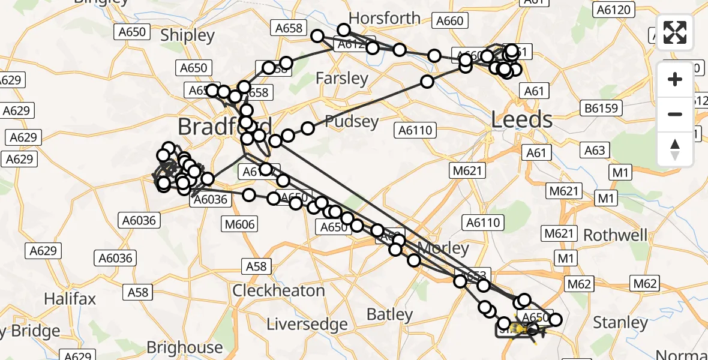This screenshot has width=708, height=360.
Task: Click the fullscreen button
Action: point(675,33)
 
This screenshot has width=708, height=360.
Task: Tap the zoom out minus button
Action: point(675,114)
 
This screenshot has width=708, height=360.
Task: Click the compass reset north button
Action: point(675,149)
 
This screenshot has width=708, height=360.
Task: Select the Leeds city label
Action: point(522,119)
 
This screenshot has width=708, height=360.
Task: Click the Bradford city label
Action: point(223,127)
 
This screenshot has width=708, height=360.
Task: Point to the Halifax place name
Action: point(71,298)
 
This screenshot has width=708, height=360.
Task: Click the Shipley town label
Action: point(187,35)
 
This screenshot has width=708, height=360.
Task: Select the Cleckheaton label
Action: point(278,290)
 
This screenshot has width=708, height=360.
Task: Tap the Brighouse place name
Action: point(184,347)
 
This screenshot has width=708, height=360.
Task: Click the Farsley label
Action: point(341,78)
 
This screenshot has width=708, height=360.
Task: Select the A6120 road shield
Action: point(614,10)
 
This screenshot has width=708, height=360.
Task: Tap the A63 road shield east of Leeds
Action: point(594,150)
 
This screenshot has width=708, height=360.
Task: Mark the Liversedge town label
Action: point(307,325)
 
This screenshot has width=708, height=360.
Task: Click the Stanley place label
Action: point(620,323)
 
